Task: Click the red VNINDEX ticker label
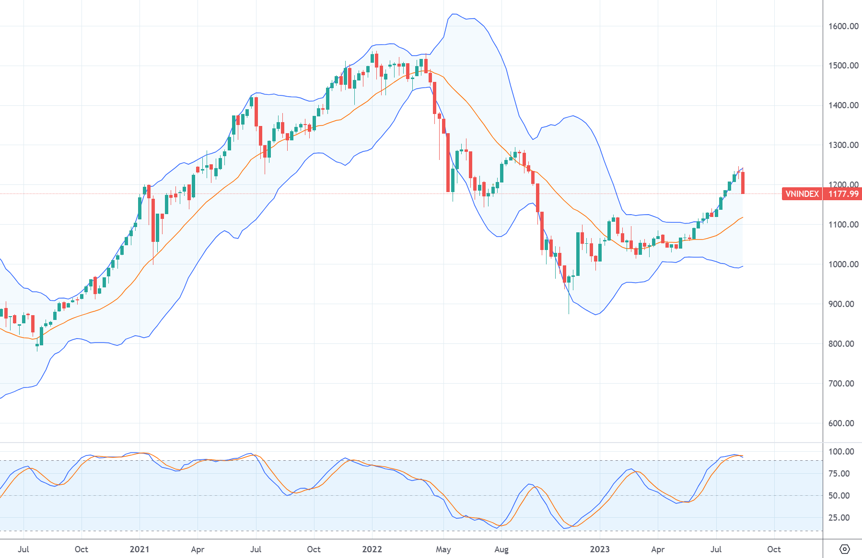coord(802,194)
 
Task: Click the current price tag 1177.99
coord(843,194)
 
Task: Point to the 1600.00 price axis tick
coord(843,26)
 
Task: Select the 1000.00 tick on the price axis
coord(843,264)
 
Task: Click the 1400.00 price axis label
coord(843,105)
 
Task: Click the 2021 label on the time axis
coord(140,549)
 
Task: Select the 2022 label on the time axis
coord(372,549)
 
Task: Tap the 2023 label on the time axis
coord(600,549)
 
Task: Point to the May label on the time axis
coord(443,549)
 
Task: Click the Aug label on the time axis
coord(501,549)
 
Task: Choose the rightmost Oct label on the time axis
coord(774,549)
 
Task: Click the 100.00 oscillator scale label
coord(841,452)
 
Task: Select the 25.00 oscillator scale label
coord(839,518)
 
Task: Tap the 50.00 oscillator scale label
coord(839,496)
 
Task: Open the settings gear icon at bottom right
coord(845,549)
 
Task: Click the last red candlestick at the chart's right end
coord(743,183)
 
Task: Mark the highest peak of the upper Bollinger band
coord(454,14)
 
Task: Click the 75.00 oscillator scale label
coord(839,474)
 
